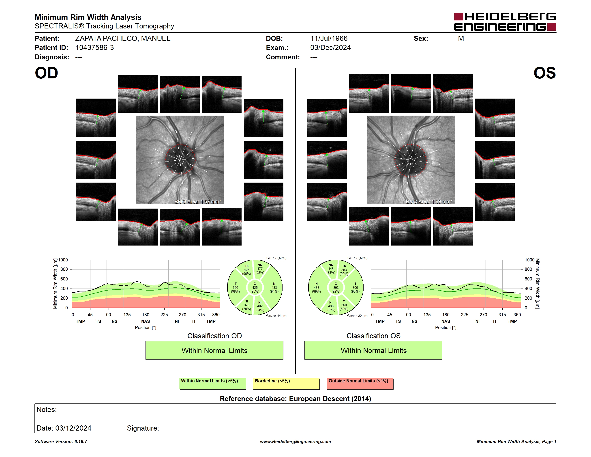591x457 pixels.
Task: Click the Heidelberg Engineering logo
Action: [505, 22]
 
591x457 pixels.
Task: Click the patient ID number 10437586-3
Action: [94, 48]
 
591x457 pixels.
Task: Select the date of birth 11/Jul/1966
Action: [329, 39]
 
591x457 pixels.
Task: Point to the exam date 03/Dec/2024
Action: [330, 48]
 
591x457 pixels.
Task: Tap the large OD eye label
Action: [46, 73]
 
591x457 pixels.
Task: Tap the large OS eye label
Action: [544, 73]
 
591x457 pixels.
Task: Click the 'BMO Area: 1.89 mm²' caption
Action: [429, 201]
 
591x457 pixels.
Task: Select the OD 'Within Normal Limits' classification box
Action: [214, 350]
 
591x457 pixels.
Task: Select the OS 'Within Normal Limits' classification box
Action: [373, 350]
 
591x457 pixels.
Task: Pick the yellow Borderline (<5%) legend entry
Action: [286, 384]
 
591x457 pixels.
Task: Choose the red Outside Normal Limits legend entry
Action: [360, 384]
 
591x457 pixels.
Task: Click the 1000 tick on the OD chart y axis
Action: [63, 260]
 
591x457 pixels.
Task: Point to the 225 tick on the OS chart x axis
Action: [464, 315]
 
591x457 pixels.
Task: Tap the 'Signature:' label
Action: [143, 428]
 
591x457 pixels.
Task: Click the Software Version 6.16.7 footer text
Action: [61, 442]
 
